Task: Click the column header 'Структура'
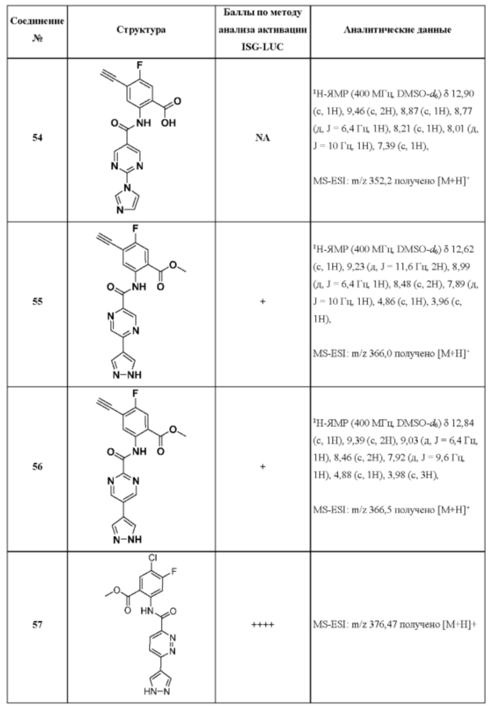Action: pos(141,30)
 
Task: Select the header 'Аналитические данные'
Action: pos(397,30)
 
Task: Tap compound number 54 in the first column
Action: pos(37,138)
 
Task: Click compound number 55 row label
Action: pos(37,301)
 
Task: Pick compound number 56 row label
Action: pos(37,467)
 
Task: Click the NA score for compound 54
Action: pos(262,138)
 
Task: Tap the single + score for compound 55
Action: pos(262,301)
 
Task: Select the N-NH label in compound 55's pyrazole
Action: pos(127,375)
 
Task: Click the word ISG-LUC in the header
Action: pos(262,47)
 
